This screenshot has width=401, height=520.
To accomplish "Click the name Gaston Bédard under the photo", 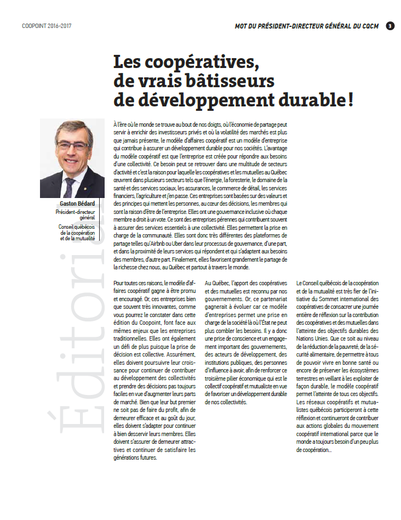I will [77, 202].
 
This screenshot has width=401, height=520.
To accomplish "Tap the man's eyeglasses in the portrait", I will [73, 146].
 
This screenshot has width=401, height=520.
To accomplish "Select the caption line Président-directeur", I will [76, 210].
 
